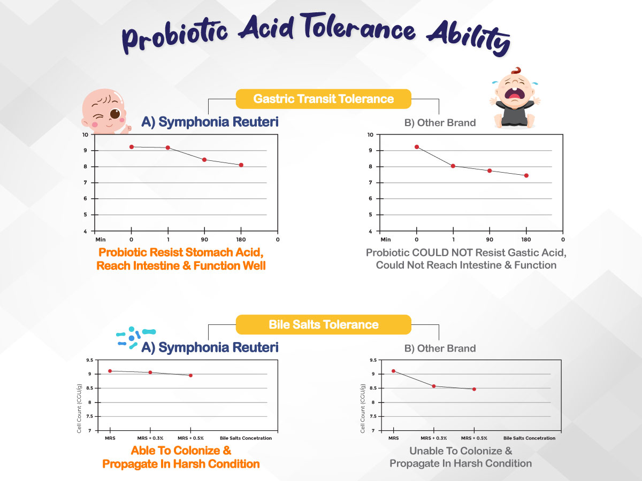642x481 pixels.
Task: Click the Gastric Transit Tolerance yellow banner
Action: coord(324,99)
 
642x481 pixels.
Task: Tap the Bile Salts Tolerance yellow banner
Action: coord(324,324)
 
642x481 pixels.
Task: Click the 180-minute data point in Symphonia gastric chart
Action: coord(241,165)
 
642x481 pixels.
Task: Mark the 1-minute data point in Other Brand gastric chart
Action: coord(453,166)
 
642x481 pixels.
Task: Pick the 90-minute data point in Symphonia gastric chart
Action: coord(204,160)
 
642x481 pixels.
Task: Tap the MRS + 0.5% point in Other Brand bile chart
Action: coord(474,389)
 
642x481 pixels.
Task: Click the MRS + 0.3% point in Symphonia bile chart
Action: coord(150,373)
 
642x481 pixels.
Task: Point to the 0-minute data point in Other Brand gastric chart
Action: coord(416,147)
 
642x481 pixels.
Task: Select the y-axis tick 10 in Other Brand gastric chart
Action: coord(370,135)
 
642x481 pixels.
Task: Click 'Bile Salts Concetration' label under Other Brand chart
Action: coord(529,438)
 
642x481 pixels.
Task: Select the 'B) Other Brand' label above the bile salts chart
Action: coord(440,348)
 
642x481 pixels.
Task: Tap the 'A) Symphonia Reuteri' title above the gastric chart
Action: coord(210,122)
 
